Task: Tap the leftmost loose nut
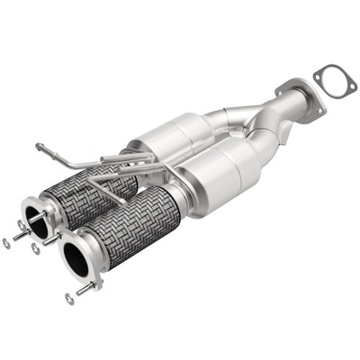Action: click(7, 242)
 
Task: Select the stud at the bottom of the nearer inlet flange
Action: click(86, 288)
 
